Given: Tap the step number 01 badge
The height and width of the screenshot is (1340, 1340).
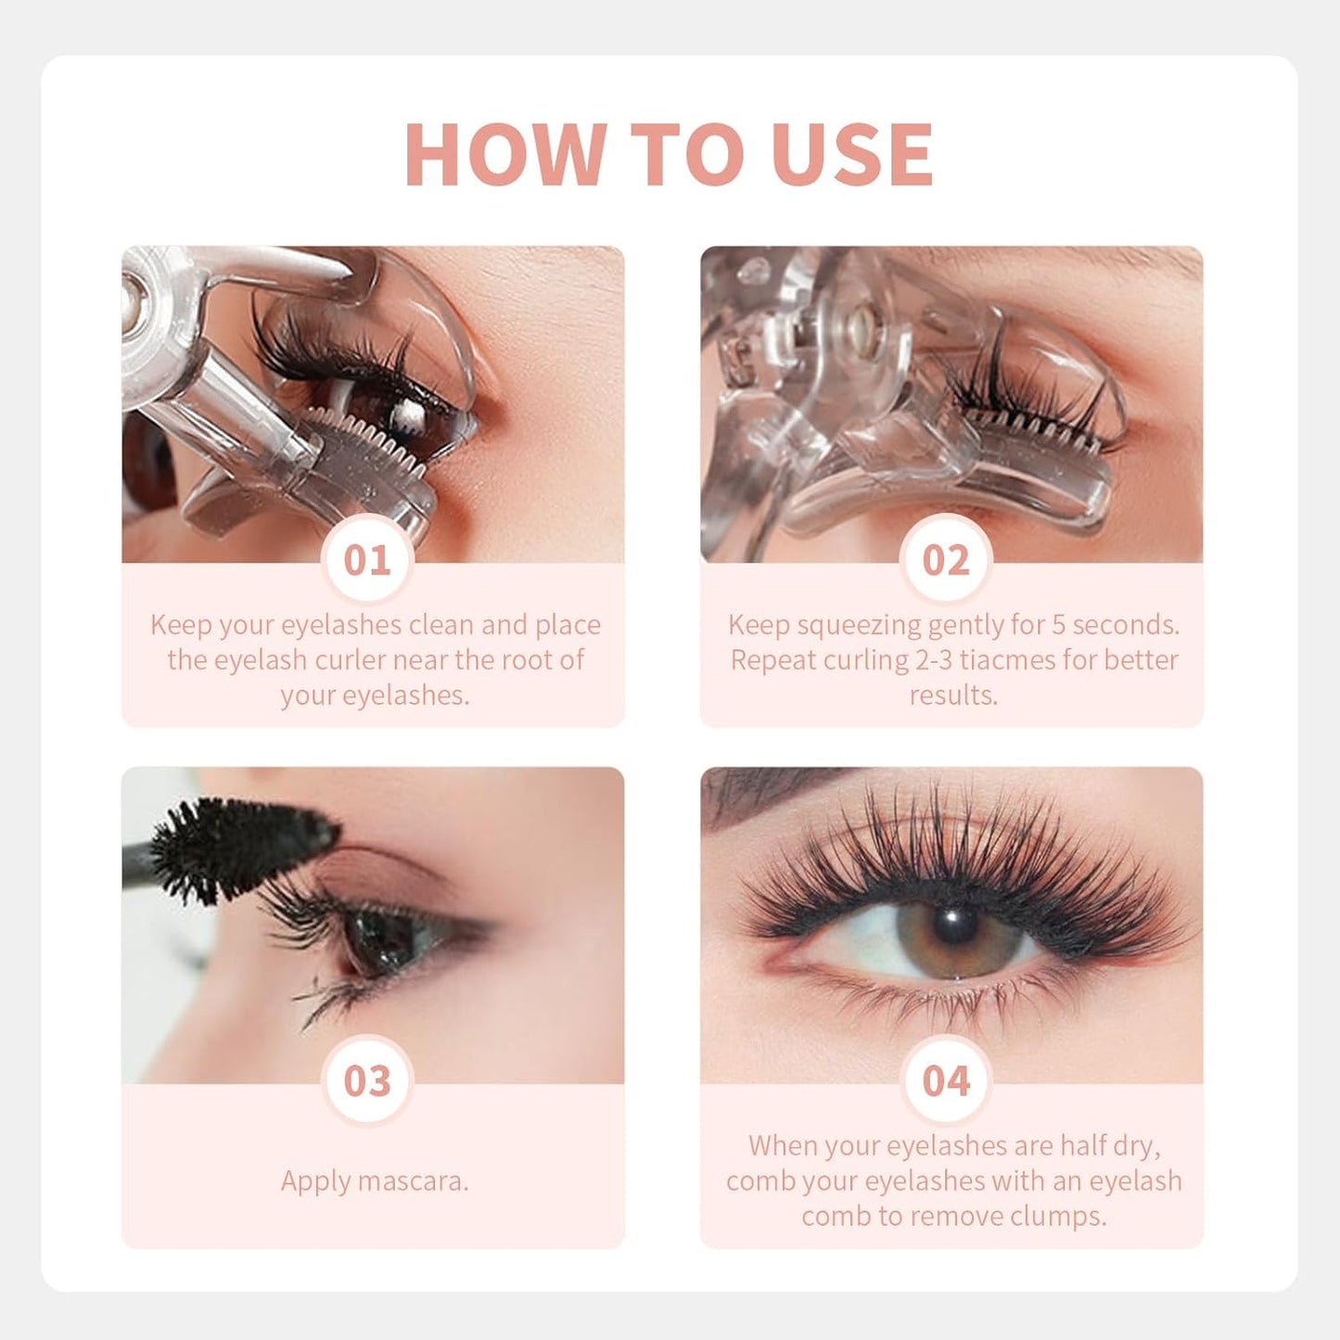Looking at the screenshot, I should (x=368, y=561).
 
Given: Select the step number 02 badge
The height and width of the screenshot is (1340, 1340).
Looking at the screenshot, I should (x=946, y=561).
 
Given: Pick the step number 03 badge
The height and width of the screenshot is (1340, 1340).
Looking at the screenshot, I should (x=368, y=1081).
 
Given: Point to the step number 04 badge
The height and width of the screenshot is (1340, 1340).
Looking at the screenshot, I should (x=946, y=1081).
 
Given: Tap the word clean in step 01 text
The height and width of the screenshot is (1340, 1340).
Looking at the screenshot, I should (x=441, y=625).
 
